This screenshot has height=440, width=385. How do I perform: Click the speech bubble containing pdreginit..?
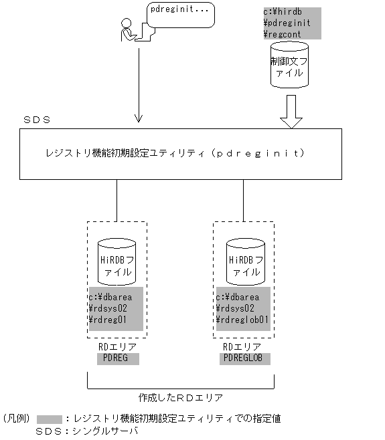pyautogui.click(x=180, y=13)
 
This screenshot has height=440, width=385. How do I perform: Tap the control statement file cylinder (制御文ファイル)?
pyautogui.click(x=289, y=65)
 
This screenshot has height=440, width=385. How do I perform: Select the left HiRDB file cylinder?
pyautogui.click(x=117, y=261)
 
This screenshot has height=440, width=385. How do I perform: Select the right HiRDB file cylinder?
pyautogui.click(x=244, y=261)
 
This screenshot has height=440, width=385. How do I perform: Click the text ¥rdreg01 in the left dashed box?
pyautogui.click(x=108, y=320)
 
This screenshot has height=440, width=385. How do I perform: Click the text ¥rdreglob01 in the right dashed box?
pyautogui.click(x=242, y=320)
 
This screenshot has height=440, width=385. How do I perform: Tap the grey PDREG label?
pyautogui.click(x=117, y=358)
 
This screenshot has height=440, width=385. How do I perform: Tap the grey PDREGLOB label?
pyautogui.click(x=244, y=358)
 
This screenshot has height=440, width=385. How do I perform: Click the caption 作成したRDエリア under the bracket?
pyautogui.click(x=180, y=397)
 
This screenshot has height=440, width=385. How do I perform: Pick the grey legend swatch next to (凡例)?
pyautogui.click(x=49, y=419)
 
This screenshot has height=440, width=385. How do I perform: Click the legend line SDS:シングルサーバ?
pyautogui.click(x=87, y=432)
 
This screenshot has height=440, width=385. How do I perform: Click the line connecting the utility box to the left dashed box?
pyautogui.click(x=117, y=201)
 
